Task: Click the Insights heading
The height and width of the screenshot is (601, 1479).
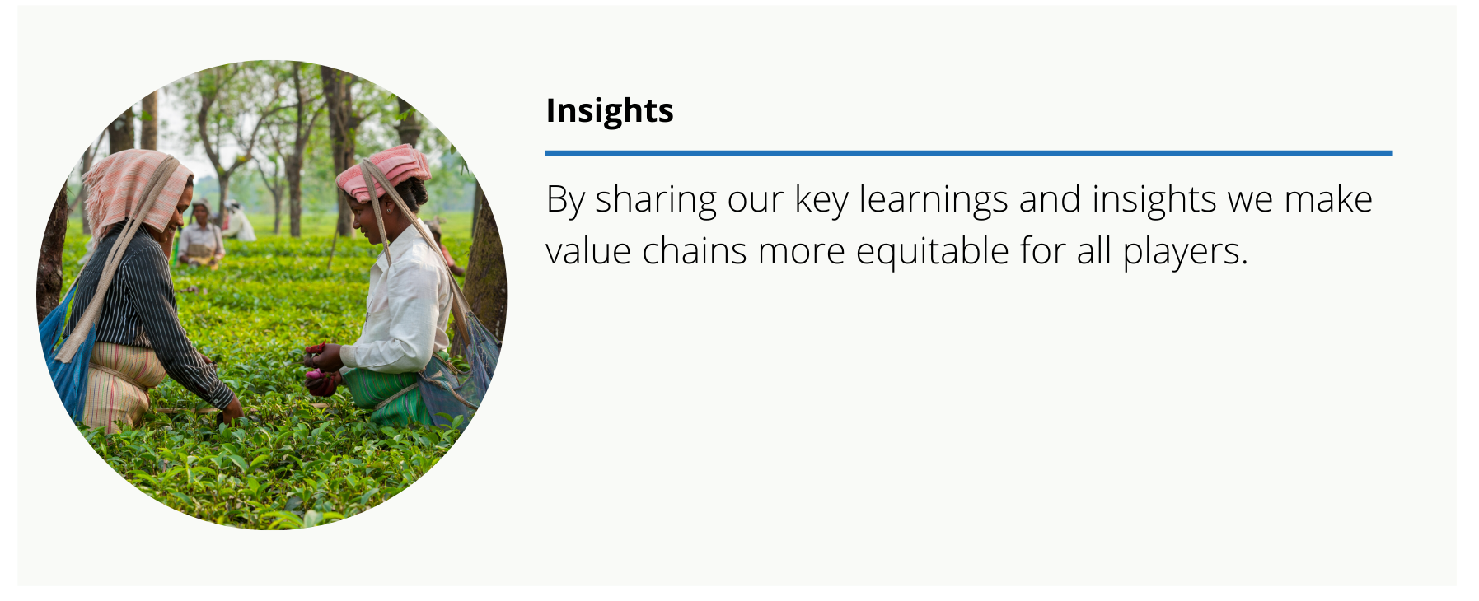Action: pos(610,111)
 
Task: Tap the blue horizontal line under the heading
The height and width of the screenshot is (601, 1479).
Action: pos(969,153)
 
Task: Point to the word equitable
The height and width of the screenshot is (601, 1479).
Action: pos(932,251)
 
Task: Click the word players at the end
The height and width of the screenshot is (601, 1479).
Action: pos(1185,251)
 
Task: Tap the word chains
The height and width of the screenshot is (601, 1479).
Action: pos(695,251)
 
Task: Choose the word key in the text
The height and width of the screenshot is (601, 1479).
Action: pos(821,201)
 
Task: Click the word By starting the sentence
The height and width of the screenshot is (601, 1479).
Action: pos(565,201)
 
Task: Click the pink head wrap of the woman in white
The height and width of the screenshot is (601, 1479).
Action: pos(384,173)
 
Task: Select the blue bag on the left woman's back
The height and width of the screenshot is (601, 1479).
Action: pos(65,354)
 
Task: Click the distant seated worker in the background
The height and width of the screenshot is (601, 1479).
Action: pos(200,236)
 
